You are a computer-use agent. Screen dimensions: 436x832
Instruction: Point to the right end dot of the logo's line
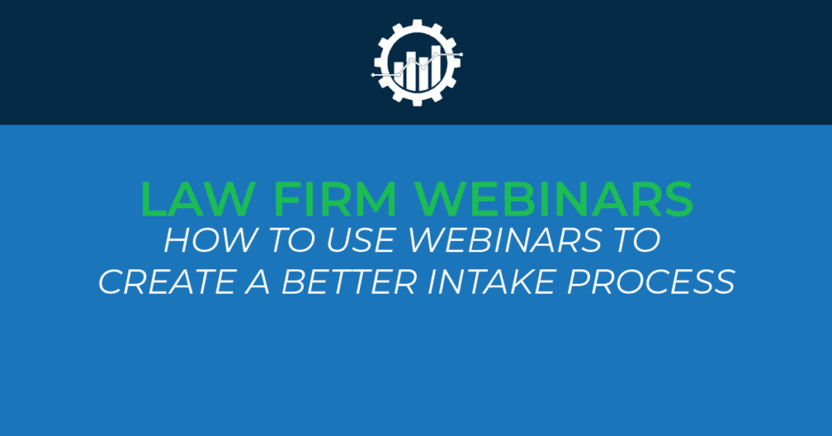click(461, 54)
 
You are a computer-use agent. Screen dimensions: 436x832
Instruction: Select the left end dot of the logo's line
click(373, 74)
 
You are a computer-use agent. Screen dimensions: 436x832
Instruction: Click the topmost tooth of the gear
click(416, 24)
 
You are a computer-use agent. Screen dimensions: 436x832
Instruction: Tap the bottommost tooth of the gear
click(416, 100)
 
